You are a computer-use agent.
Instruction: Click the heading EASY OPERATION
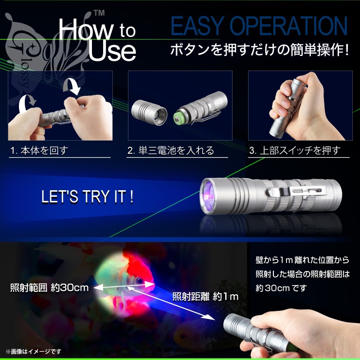[x=259, y=26]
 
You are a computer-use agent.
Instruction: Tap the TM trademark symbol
[x=99, y=13]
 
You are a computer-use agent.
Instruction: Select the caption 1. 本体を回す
[x=39, y=151]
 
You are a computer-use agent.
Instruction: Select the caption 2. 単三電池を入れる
[x=171, y=151]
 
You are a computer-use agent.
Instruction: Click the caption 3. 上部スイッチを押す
[x=295, y=151]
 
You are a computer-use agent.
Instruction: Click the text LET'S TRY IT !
[x=87, y=197]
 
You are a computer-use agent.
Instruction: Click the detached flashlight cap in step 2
[x=149, y=112]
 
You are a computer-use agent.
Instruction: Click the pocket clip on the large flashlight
[x=296, y=192]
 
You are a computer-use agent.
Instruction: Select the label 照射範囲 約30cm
[x=49, y=288]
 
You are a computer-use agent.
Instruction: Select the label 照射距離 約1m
[x=205, y=297]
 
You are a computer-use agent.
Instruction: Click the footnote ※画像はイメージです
[x=34, y=351]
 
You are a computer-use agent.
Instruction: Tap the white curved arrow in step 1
[x=25, y=104]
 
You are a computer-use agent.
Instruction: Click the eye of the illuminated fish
[x=139, y=280]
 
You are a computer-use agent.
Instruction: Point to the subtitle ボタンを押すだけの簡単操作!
[x=259, y=50]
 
